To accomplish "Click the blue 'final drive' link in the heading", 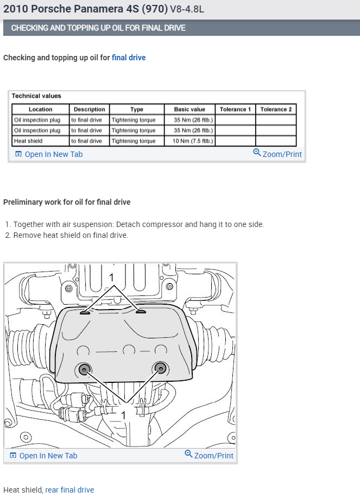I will tap(129, 58).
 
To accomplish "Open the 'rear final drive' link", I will tap(70, 490).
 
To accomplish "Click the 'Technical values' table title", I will tap(36, 96).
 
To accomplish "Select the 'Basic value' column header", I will tap(190, 109).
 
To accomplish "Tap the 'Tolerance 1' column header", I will tap(235, 109).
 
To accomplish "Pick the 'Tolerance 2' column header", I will tap(276, 109).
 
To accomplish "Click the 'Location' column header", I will tap(41, 109).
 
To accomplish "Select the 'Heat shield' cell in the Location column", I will tap(28, 141).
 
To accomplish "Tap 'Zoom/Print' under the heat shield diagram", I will tap(209, 456).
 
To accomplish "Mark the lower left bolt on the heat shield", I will tap(84, 369).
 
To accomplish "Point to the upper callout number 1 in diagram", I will tap(112, 278).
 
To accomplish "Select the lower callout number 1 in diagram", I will tap(123, 415).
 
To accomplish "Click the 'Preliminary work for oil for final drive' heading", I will tap(67, 202).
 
